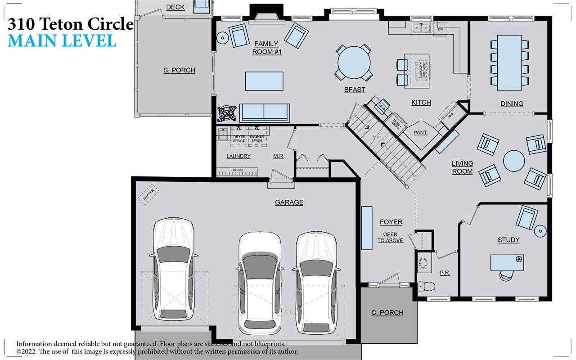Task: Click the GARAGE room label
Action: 289,202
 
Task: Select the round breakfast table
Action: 354,63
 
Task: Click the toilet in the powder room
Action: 425,286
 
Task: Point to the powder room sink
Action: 423,263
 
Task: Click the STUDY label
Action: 508,240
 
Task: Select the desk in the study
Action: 507,262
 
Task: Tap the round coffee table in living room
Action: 513,161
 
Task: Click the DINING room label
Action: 512,103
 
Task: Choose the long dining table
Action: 509,62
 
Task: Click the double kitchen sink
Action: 422,28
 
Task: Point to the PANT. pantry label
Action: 420,133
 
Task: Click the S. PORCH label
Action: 179,70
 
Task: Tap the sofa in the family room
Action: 265,112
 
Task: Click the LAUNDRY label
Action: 238,156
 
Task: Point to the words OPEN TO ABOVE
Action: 390,237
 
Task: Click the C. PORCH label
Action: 387,313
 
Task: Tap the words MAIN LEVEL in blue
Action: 62,40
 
